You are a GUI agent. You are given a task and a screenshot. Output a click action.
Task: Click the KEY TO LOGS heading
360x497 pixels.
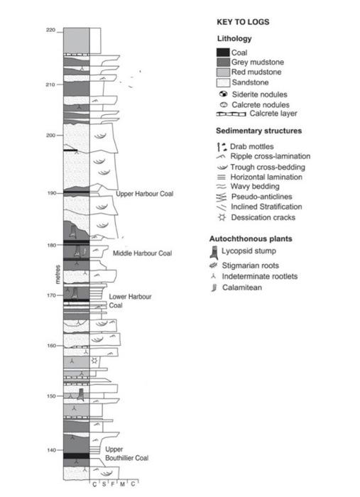pyautogui.click(x=242, y=23)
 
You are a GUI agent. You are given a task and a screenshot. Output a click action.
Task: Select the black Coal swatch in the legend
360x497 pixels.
pyautogui.click(x=223, y=53)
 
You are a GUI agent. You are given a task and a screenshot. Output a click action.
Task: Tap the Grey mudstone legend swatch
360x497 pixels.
pyautogui.click(x=223, y=62)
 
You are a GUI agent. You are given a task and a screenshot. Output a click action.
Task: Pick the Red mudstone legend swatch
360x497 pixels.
pyautogui.click(x=223, y=72)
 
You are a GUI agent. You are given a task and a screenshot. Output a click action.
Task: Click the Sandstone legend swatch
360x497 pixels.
pyautogui.click(x=223, y=82)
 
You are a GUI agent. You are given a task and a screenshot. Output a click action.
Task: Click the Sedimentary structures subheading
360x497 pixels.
pyautogui.click(x=258, y=131)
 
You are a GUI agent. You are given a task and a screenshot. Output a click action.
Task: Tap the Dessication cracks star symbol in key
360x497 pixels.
pyautogui.click(x=222, y=217)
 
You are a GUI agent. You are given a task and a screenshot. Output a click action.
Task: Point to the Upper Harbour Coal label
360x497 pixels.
pyautogui.click(x=144, y=194)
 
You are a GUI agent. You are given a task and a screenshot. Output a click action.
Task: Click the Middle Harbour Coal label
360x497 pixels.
pyautogui.click(x=142, y=253)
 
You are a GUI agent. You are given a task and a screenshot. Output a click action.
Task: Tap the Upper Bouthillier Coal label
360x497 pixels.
pyautogui.click(x=126, y=454)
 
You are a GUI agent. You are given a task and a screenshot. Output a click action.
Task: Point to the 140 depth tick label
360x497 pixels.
pyautogui.click(x=49, y=449)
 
